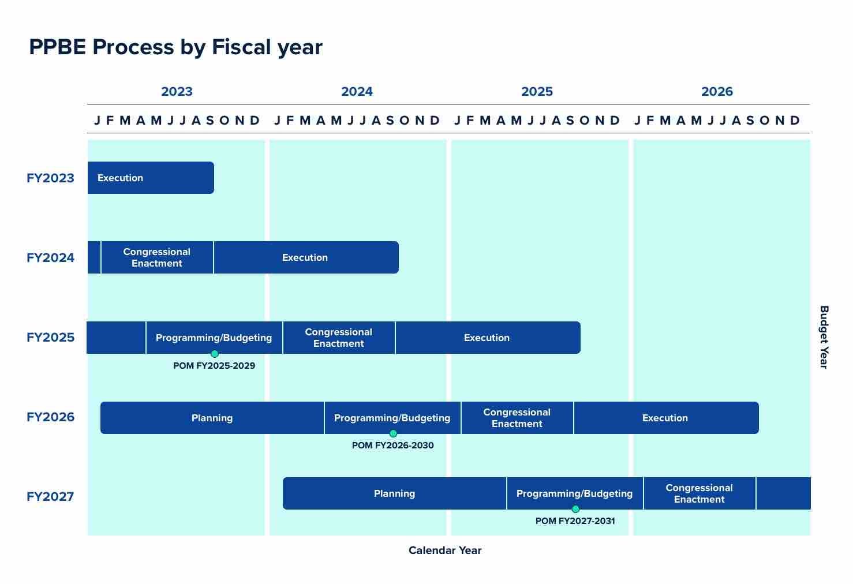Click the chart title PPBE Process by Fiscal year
[x=175, y=47]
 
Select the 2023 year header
[x=177, y=91]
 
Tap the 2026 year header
[x=717, y=91]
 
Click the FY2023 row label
[x=50, y=178]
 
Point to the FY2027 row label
[x=50, y=496]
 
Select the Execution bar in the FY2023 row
[x=151, y=178]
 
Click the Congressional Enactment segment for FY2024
[x=157, y=257]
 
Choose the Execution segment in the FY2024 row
[x=305, y=257]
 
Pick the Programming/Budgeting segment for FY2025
[x=214, y=337]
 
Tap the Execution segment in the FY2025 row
[x=487, y=338]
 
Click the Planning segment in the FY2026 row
[x=212, y=418]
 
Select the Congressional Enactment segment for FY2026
[x=517, y=418]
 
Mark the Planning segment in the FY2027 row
[x=395, y=493]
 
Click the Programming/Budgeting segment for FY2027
[x=575, y=493]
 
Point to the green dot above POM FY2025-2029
[x=215, y=354]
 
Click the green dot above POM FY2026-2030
[x=393, y=433]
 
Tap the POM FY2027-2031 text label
[x=575, y=521]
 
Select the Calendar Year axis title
[x=445, y=551]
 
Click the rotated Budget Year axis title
[x=824, y=337]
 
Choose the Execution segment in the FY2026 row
[x=665, y=418]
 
